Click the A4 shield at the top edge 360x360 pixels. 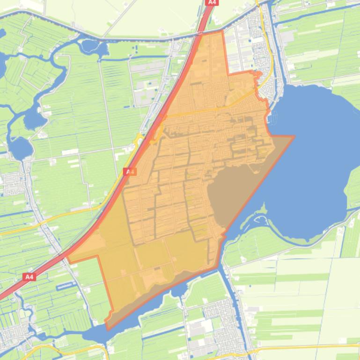[x=212, y=2]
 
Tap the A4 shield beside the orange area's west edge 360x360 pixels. [x=130, y=172]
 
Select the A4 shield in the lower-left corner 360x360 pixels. [x=29, y=277]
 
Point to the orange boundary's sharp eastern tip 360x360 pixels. [x=294, y=137]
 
